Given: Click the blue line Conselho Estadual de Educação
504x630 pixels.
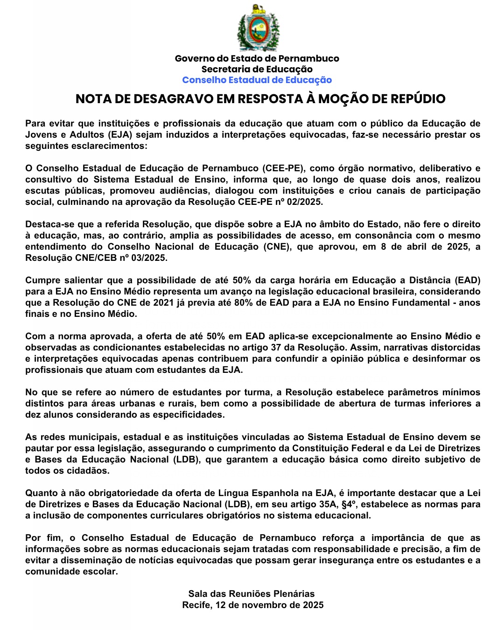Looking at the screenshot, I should click(257, 80).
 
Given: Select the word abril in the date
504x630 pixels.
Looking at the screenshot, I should click(419, 247).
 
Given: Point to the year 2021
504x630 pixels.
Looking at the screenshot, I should click(164, 303).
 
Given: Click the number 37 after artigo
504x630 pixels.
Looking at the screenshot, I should click(278, 348).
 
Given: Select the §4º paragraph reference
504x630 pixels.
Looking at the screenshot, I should click(346, 504).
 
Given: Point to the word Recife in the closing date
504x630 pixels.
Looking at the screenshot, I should click(196, 605).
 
